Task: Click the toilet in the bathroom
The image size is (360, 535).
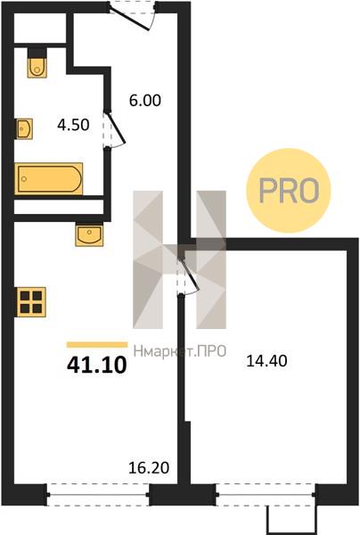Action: click(37, 64)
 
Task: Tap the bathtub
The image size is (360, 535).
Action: click(48, 179)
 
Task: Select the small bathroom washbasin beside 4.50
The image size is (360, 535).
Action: click(24, 128)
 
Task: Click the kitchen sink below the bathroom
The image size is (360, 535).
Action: click(89, 234)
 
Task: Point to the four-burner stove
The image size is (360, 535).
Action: click(30, 302)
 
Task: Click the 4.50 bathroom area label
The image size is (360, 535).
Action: click(73, 125)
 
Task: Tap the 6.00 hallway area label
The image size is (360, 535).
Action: click(145, 100)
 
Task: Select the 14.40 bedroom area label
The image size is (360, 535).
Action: click(266, 360)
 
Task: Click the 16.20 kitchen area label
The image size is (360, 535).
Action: click(149, 468)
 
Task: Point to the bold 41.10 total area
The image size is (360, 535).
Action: click(97, 365)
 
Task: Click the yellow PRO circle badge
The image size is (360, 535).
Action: click(289, 191)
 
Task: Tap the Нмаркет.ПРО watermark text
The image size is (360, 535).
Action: click(180, 350)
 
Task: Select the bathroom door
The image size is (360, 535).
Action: click(114, 129)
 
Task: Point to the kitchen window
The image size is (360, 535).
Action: click(98, 494)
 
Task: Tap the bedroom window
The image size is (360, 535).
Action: click(266, 494)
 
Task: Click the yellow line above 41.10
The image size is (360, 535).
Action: click(97, 344)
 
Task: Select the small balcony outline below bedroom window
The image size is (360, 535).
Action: click(291, 520)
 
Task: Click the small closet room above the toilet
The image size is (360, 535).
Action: click(40, 28)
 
